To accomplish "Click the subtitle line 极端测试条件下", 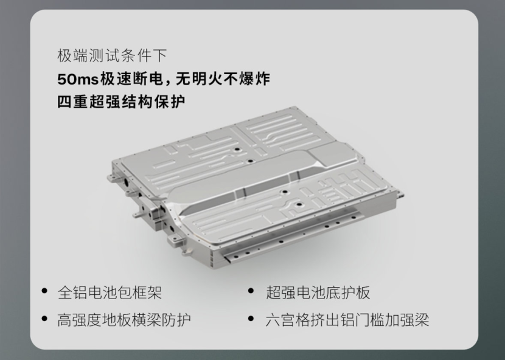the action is (112, 55).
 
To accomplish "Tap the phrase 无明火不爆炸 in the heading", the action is (223, 79).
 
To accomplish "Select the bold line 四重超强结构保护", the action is (121, 102).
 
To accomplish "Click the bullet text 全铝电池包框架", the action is (110, 292).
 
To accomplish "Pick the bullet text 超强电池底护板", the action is (318, 292).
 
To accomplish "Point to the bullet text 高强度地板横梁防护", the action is (124, 320).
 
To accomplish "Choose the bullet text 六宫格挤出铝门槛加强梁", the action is (347, 320).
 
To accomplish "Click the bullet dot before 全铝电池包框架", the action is (45, 291).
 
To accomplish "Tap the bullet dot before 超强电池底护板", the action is (251, 291).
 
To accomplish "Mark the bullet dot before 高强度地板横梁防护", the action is (45, 319).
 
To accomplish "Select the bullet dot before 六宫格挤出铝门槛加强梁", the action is (251, 319).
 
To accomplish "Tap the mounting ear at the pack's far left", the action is (113, 178).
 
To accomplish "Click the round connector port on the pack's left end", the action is (125, 182).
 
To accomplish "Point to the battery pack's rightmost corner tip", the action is (403, 194).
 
